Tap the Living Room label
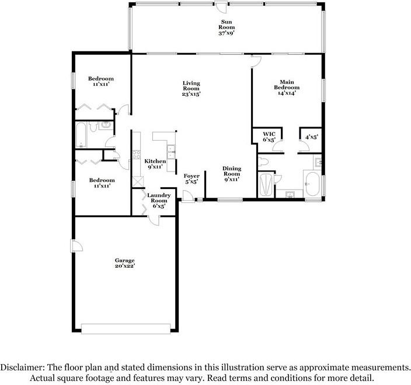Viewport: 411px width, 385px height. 191,88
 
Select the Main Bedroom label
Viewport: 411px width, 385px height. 286,87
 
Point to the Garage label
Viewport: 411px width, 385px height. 125,264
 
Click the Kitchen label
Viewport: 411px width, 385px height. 155,164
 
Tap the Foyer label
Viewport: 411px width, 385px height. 191,178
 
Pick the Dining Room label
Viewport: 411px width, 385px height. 232,174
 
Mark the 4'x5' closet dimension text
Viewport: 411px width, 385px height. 311,137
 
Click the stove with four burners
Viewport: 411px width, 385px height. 136,156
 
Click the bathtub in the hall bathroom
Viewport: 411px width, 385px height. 82,135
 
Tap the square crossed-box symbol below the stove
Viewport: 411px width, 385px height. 137,181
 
